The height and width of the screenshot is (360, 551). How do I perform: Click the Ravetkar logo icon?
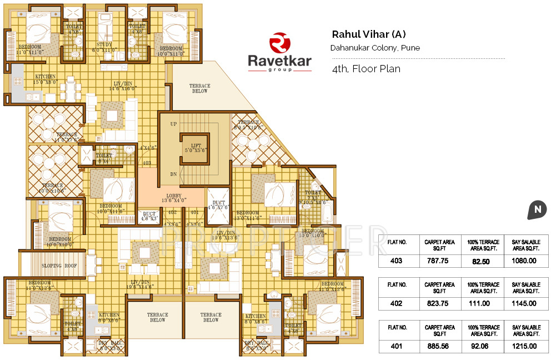pos(280,43)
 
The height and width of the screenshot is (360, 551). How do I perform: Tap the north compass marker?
pos(537,209)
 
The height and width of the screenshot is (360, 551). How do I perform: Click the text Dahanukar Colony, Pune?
pos(375,48)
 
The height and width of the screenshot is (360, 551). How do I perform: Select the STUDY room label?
pos(104,44)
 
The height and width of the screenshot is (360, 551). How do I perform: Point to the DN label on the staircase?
pos(174,174)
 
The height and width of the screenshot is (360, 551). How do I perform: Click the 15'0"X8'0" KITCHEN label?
pos(46,79)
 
